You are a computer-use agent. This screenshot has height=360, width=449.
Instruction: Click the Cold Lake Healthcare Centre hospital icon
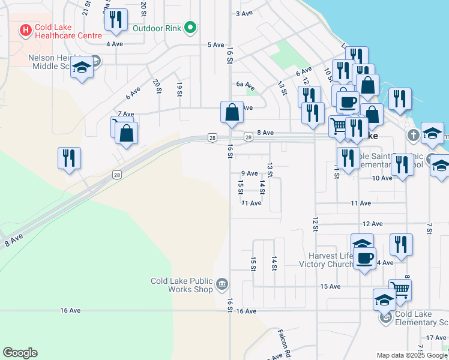[26, 29]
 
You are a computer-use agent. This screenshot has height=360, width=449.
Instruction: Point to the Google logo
[20, 353]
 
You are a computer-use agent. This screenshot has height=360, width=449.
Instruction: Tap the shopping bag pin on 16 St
[232, 112]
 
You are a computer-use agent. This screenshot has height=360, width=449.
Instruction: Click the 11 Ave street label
[251, 203]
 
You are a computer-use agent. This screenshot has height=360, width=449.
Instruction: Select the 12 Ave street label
[372, 224]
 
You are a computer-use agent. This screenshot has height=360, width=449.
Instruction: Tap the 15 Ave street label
[330, 287]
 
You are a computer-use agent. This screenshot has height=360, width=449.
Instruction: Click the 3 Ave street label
[244, 13]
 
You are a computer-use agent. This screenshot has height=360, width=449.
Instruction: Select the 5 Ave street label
[215, 45]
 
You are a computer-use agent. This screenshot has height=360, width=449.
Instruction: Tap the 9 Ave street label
[249, 173]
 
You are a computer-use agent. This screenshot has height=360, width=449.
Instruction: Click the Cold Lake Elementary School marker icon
[385, 317]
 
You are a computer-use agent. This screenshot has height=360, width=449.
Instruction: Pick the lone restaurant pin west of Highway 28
[69, 158]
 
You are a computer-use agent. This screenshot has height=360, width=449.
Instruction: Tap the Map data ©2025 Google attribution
[411, 355]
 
